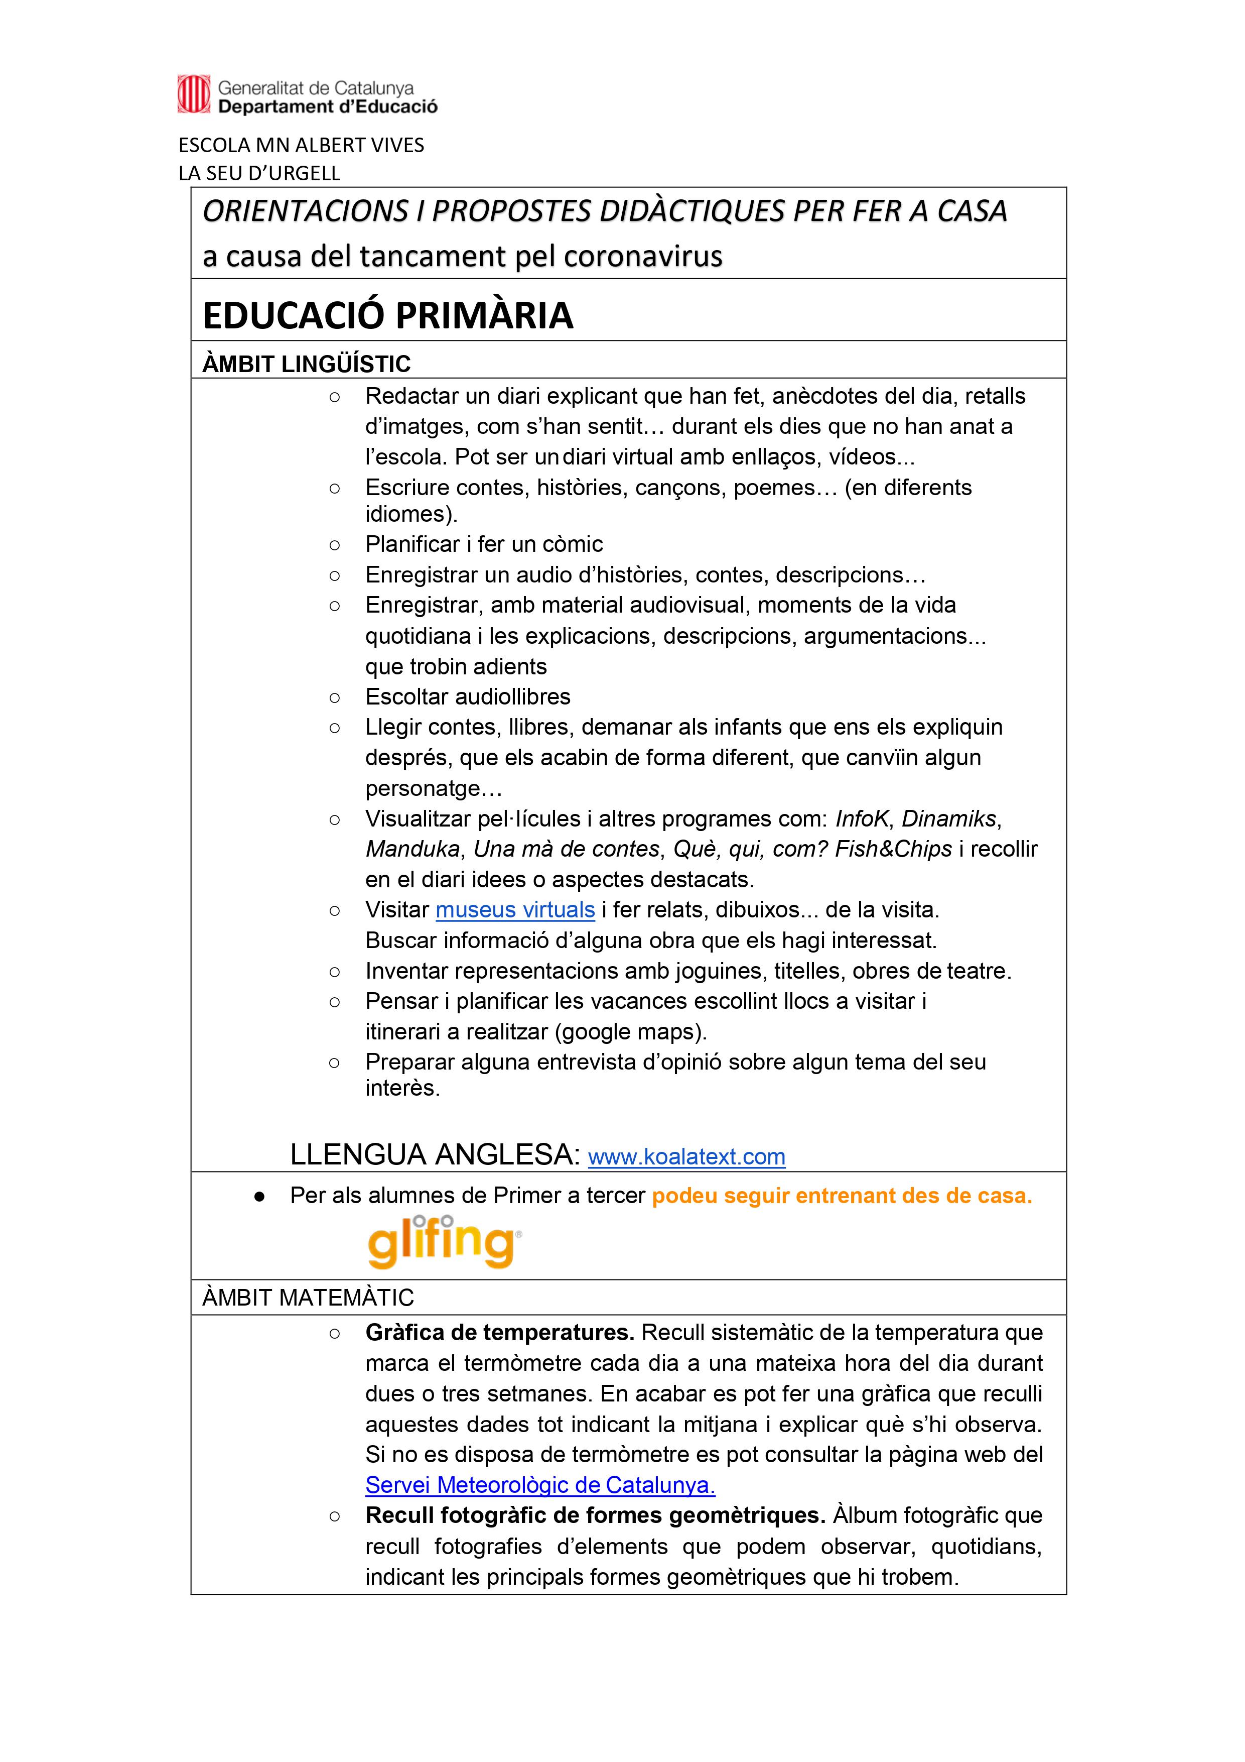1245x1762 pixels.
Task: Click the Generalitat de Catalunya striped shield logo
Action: (193, 94)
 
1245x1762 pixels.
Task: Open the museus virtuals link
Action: (515, 910)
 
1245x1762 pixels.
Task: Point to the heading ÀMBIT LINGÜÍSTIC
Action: (306, 364)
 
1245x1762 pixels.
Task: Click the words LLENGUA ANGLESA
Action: (435, 1155)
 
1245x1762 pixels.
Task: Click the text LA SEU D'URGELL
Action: (259, 173)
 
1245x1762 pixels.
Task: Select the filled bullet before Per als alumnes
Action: (259, 1197)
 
